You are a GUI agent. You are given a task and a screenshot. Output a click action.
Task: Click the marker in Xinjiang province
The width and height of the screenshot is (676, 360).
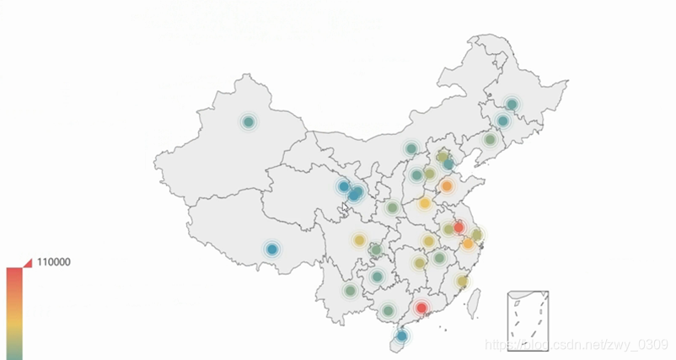click(248, 122)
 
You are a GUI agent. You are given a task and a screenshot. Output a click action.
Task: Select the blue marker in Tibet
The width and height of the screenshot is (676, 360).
click(271, 250)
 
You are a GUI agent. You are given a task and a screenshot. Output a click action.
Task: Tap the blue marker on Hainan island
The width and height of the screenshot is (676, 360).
click(402, 336)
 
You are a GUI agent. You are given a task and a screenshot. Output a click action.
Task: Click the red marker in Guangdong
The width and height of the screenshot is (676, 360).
click(421, 309)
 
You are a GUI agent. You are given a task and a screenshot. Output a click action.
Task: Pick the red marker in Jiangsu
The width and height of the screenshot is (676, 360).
click(459, 228)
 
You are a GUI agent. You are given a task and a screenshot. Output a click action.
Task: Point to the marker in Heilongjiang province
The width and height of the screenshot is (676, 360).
click(512, 105)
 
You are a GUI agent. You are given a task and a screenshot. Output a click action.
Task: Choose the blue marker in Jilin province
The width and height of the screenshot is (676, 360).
click(503, 121)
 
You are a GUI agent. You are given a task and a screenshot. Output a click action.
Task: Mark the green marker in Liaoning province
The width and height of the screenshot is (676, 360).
click(490, 140)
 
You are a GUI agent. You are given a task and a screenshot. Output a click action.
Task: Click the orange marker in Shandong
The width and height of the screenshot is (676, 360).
click(447, 186)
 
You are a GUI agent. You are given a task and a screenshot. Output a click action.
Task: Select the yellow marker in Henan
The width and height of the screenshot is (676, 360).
click(425, 203)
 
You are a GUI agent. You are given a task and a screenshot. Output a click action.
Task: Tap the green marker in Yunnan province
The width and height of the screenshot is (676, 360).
click(350, 291)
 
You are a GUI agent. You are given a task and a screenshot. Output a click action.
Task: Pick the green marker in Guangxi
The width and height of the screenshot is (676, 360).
click(388, 311)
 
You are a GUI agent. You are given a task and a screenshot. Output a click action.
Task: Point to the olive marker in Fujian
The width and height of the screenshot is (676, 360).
click(462, 282)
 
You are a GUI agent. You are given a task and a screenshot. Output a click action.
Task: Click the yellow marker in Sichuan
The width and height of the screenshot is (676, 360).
click(360, 241)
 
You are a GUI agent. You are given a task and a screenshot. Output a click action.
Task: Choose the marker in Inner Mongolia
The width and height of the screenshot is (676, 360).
click(410, 149)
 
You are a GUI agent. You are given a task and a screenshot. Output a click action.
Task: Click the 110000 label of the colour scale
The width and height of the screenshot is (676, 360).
click(53, 262)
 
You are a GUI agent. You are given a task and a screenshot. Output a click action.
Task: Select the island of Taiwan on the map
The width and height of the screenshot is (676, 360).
click(474, 298)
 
